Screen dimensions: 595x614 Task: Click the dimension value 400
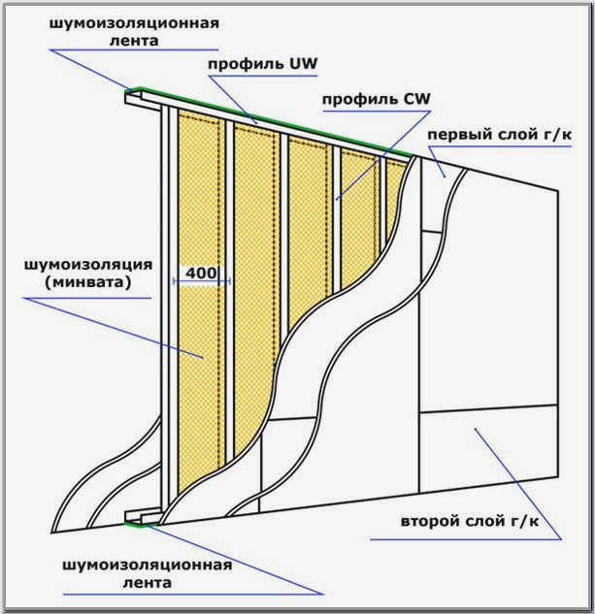201,273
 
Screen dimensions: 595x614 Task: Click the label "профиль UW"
262,63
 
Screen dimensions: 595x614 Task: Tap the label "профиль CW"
377,99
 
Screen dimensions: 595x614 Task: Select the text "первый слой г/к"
499,134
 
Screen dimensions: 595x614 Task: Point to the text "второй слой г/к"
470,522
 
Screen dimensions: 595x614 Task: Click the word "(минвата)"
87,282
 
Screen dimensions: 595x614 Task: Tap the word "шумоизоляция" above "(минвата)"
88,264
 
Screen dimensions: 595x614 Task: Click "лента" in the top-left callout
134,41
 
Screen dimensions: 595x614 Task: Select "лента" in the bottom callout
147,583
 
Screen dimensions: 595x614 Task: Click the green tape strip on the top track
271,121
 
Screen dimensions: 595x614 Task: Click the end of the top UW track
133,98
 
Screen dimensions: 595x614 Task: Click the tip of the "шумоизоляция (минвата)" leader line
203,357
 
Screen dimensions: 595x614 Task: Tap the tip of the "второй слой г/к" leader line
475,429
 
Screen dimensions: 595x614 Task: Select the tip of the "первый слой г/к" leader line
445,177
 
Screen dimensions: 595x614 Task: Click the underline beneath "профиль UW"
263,76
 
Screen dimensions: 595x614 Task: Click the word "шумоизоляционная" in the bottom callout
147,566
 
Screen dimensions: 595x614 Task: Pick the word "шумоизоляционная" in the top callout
134,23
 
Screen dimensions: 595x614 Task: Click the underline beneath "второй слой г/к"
466,539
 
